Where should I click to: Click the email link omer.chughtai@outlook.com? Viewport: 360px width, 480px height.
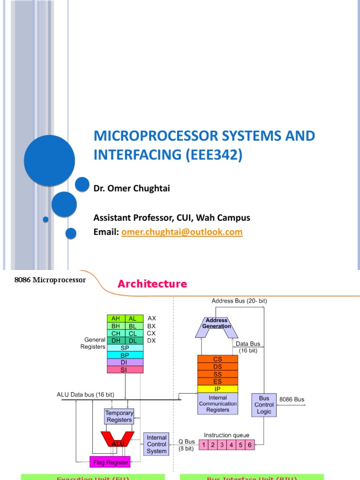(182, 232)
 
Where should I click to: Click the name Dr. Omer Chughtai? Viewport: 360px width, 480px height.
(132, 188)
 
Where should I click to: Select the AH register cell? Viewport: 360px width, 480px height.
(116, 318)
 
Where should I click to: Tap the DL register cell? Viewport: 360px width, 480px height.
(133, 340)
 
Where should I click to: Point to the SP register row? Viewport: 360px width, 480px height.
(125, 348)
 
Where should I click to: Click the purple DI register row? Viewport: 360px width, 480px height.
(125, 362)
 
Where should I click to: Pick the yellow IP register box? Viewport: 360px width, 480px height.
(217, 389)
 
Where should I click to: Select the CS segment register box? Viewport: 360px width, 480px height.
(217, 359)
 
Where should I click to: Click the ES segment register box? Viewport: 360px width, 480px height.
(217, 381)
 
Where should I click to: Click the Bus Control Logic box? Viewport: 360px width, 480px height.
(264, 405)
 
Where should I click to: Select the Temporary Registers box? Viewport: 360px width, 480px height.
(119, 416)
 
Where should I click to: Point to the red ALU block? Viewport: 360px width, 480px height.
(118, 440)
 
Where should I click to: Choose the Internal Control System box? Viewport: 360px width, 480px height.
(157, 444)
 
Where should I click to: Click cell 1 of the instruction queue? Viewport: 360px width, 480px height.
(204, 444)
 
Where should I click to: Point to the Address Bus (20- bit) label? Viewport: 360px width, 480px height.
(239, 301)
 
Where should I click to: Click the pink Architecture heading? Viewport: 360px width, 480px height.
(152, 284)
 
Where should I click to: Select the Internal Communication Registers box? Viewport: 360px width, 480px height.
(217, 403)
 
